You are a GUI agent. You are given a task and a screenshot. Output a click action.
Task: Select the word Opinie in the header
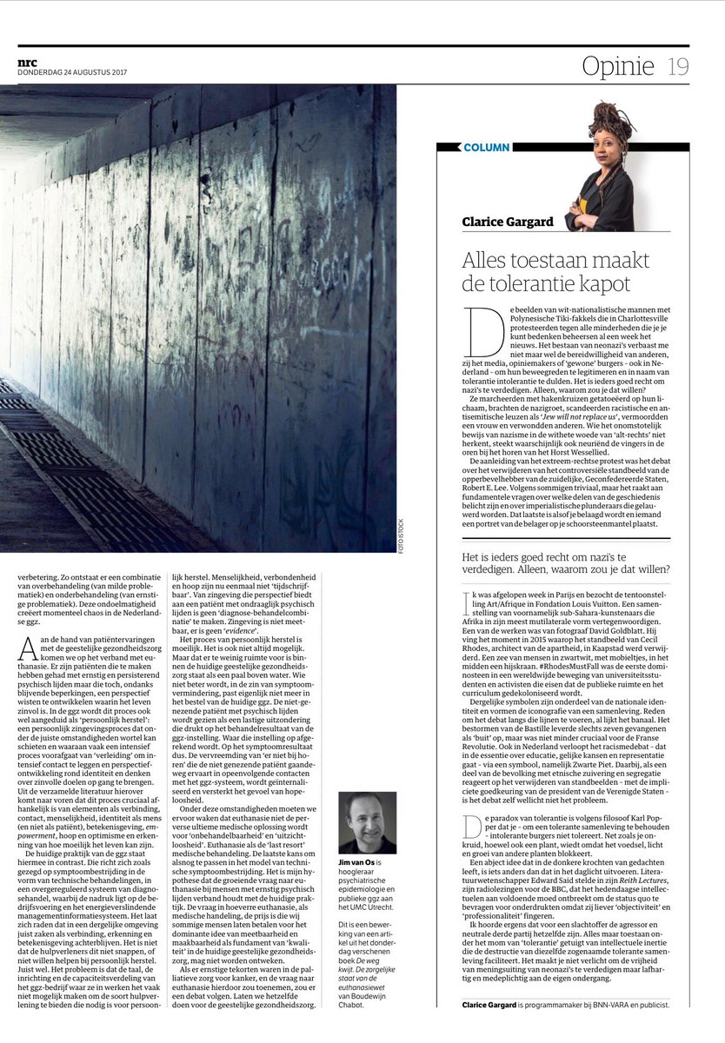pos(618,66)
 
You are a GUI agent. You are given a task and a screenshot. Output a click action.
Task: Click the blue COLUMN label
pos(487,148)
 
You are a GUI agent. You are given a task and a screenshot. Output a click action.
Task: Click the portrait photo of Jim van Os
pos(367,822)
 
